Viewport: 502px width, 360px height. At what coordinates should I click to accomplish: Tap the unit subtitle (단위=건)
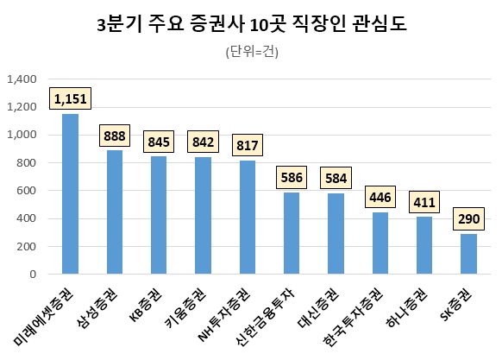(x=251, y=51)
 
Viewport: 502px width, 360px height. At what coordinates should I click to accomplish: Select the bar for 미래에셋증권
(x=70, y=194)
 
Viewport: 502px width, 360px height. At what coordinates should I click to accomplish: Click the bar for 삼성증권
(x=114, y=212)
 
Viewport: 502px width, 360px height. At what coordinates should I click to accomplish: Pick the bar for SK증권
(x=468, y=254)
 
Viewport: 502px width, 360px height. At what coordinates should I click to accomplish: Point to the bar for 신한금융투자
(x=292, y=233)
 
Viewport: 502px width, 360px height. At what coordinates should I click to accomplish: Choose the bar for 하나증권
(x=424, y=245)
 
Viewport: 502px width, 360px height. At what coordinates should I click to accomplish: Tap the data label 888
(x=114, y=136)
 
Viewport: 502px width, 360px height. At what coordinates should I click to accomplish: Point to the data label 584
(x=336, y=179)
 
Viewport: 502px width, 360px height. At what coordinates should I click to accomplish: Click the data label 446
(x=380, y=197)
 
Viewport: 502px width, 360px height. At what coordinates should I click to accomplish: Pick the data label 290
(x=469, y=219)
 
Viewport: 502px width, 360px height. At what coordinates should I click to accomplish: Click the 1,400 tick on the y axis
(x=21, y=79)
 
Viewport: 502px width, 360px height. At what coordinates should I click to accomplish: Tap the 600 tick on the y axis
(x=26, y=191)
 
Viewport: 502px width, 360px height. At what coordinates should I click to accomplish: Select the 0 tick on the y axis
(x=32, y=275)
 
